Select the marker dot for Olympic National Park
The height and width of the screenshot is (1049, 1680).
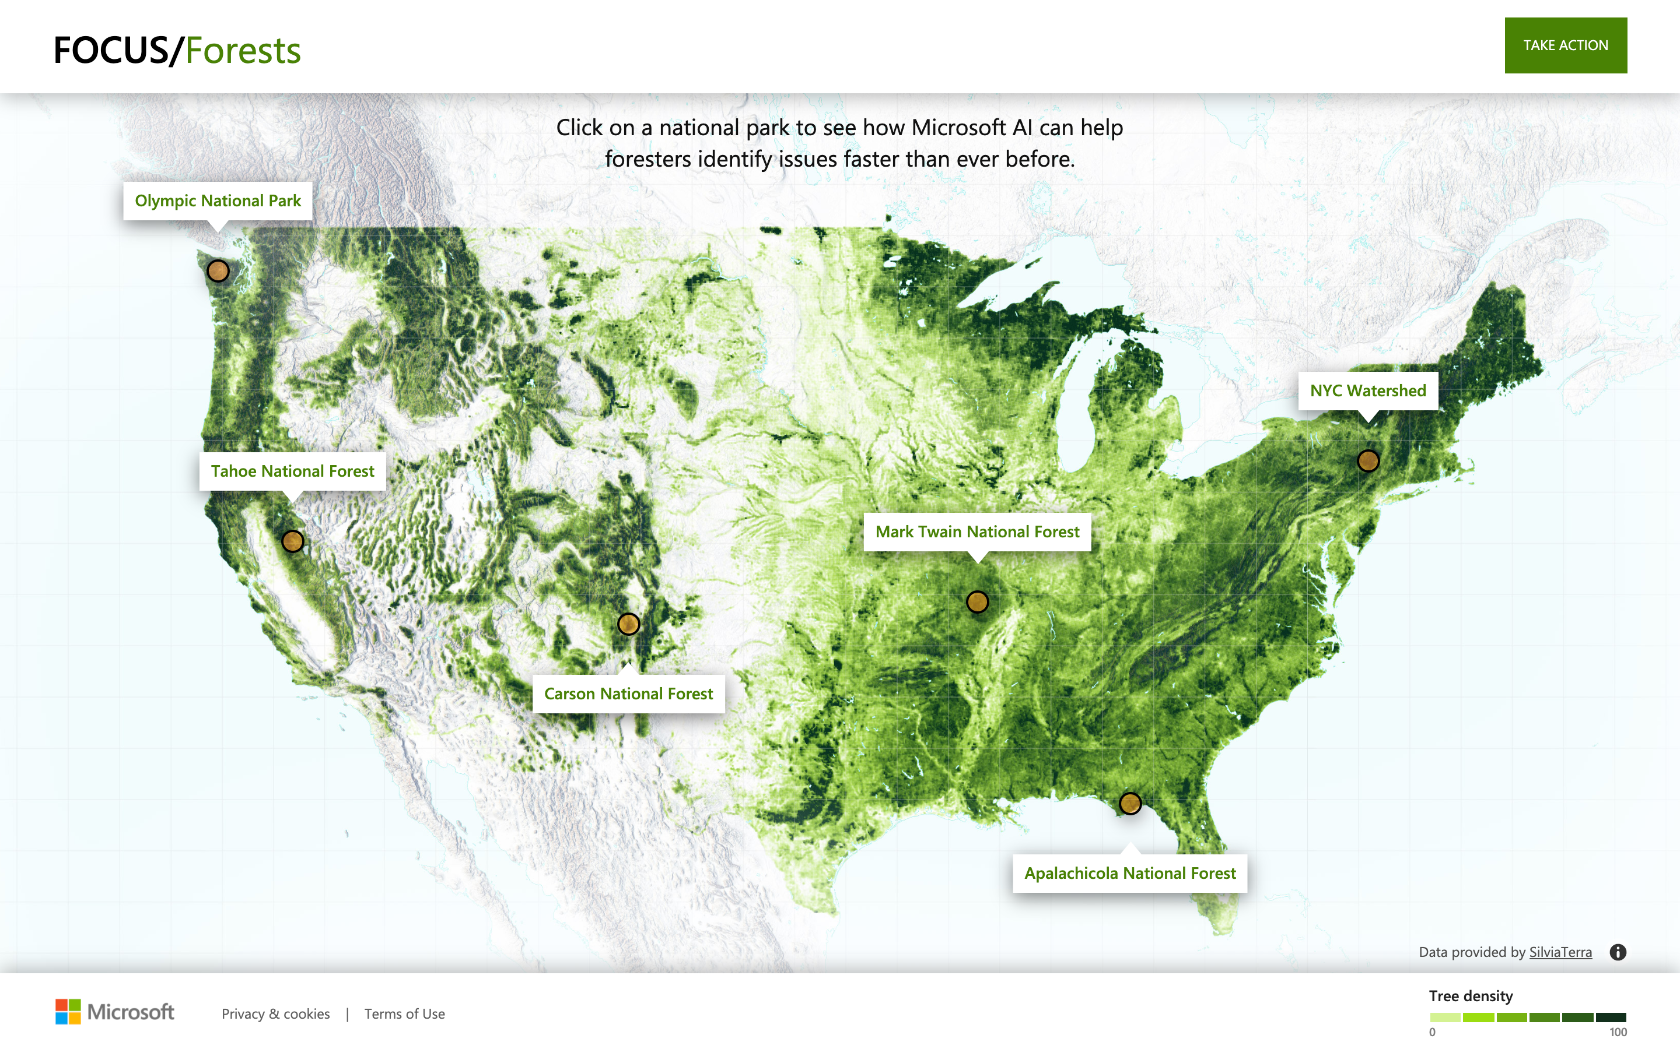[218, 270]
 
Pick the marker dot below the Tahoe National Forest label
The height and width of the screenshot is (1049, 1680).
[293, 541]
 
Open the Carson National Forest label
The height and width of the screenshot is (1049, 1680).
[628, 694]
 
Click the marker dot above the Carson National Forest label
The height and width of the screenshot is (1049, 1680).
[628, 624]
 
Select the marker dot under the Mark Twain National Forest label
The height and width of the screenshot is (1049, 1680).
[978, 601]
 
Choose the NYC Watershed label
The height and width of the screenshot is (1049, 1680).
[1367, 391]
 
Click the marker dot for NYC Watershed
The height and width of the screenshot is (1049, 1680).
[1367, 460]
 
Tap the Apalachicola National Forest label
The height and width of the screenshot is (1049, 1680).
[1129, 874]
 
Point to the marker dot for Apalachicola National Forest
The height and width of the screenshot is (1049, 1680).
[1130, 804]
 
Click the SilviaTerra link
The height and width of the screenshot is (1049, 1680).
[1560, 952]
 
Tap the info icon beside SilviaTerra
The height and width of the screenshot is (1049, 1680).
[1618, 952]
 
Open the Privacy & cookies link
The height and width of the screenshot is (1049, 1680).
[275, 1013]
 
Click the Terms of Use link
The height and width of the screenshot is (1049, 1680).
[404, 1013]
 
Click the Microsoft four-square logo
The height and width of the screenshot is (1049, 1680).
[68, 1012]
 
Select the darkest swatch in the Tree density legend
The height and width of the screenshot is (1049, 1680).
[1611, 1017]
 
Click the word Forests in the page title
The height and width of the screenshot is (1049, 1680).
[243, 51]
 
